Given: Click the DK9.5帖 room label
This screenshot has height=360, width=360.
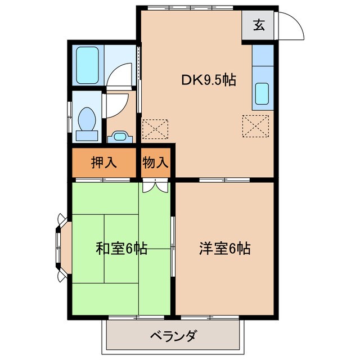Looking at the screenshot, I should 208,80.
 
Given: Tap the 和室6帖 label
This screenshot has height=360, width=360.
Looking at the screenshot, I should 121,248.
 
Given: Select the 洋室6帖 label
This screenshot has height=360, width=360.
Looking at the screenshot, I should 224,247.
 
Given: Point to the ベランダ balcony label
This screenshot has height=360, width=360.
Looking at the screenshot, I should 173,337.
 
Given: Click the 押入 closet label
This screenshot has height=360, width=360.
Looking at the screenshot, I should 103,163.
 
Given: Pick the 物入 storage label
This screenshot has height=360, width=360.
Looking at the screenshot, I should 155,163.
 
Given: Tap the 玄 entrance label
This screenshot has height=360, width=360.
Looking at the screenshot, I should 259,25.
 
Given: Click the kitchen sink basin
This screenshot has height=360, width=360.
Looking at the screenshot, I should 263,94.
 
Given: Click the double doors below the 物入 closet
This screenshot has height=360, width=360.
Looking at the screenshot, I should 155,186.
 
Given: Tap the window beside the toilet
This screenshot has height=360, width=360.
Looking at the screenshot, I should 70,118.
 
